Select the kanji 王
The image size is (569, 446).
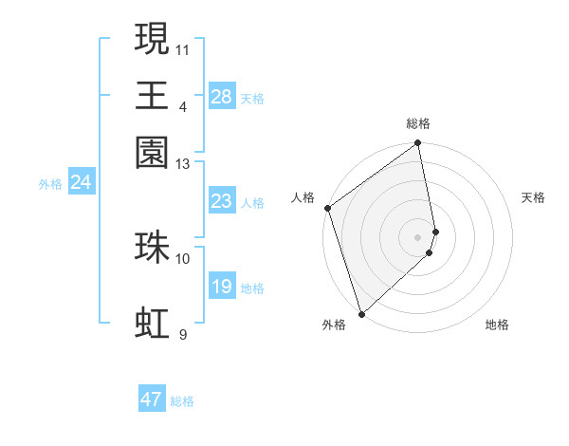pyautogui.click(x=152, y=95)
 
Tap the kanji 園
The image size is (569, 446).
pyautogui.click(x=152, y=152)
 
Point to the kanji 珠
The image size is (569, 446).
pyautogui.click(x=152, y=246)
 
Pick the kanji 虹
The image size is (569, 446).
pyautogui.click(x=152, y=324)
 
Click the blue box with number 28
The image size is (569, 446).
pyautogui.click(x=222, y=96)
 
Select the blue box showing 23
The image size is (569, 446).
pyautogui.click(x=222, y=201)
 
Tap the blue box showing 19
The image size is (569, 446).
pyautogui.click(x=222, y=287)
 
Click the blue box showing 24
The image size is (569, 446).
pyautogui.click(x=81, y=182)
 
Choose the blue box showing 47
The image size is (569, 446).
pyautogui.click(x=152, y=400)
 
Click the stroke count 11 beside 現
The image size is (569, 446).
pyautogui.click(x=183, y=47)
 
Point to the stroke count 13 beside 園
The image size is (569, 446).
pyautogui.click(x=183, y=164)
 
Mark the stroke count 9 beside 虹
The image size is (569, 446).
pyautogui.click(x=183, y=335)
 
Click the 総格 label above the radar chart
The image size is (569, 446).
pyautogui.click(x=418, y=123)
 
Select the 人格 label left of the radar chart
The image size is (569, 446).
pyautogui.click(x=303, y=197)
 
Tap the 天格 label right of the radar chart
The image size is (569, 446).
pyautogui.click(x=534, y=197)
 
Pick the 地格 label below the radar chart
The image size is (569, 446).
pyautogui.click(x=497, y=325)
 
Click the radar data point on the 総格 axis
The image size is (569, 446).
pyautogui.click(x=418, y=144)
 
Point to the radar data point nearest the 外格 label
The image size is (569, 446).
pyautogui.click(x=361, y=313)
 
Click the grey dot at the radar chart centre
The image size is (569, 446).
pyautogui.click(x=418, y=235)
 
